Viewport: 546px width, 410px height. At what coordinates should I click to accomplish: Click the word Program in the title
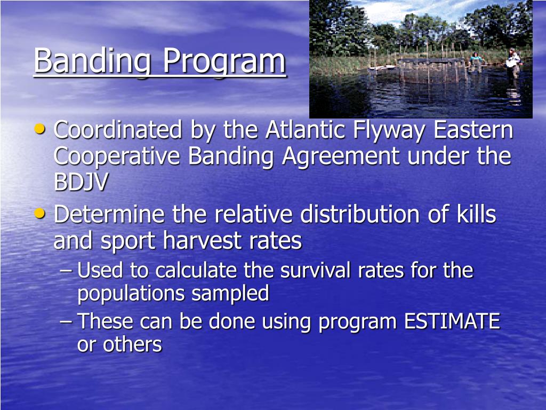pos(224,61)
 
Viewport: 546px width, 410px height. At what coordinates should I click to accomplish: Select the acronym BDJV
pos(81,183)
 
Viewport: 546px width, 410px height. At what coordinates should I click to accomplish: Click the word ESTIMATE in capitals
pos(452,322)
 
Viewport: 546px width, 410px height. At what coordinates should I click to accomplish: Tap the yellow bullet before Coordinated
pos(41,129)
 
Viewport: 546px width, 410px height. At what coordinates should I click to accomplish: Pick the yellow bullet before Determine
pos(41,214)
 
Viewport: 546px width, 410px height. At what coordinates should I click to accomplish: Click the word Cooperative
pos(118,156)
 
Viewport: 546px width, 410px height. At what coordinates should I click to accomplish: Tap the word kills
pos(476,215)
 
